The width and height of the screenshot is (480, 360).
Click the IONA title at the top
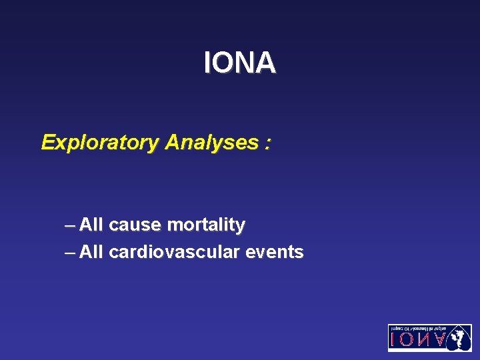(239, 63)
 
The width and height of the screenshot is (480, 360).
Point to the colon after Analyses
(267, 143)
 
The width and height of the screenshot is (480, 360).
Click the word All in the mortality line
(91, 225)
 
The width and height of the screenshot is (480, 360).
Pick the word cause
(135, 225)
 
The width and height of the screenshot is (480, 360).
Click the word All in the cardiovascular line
(91, 253)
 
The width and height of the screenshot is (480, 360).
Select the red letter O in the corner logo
(406, 341)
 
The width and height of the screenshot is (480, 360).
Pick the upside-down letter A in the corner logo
(438, 341)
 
